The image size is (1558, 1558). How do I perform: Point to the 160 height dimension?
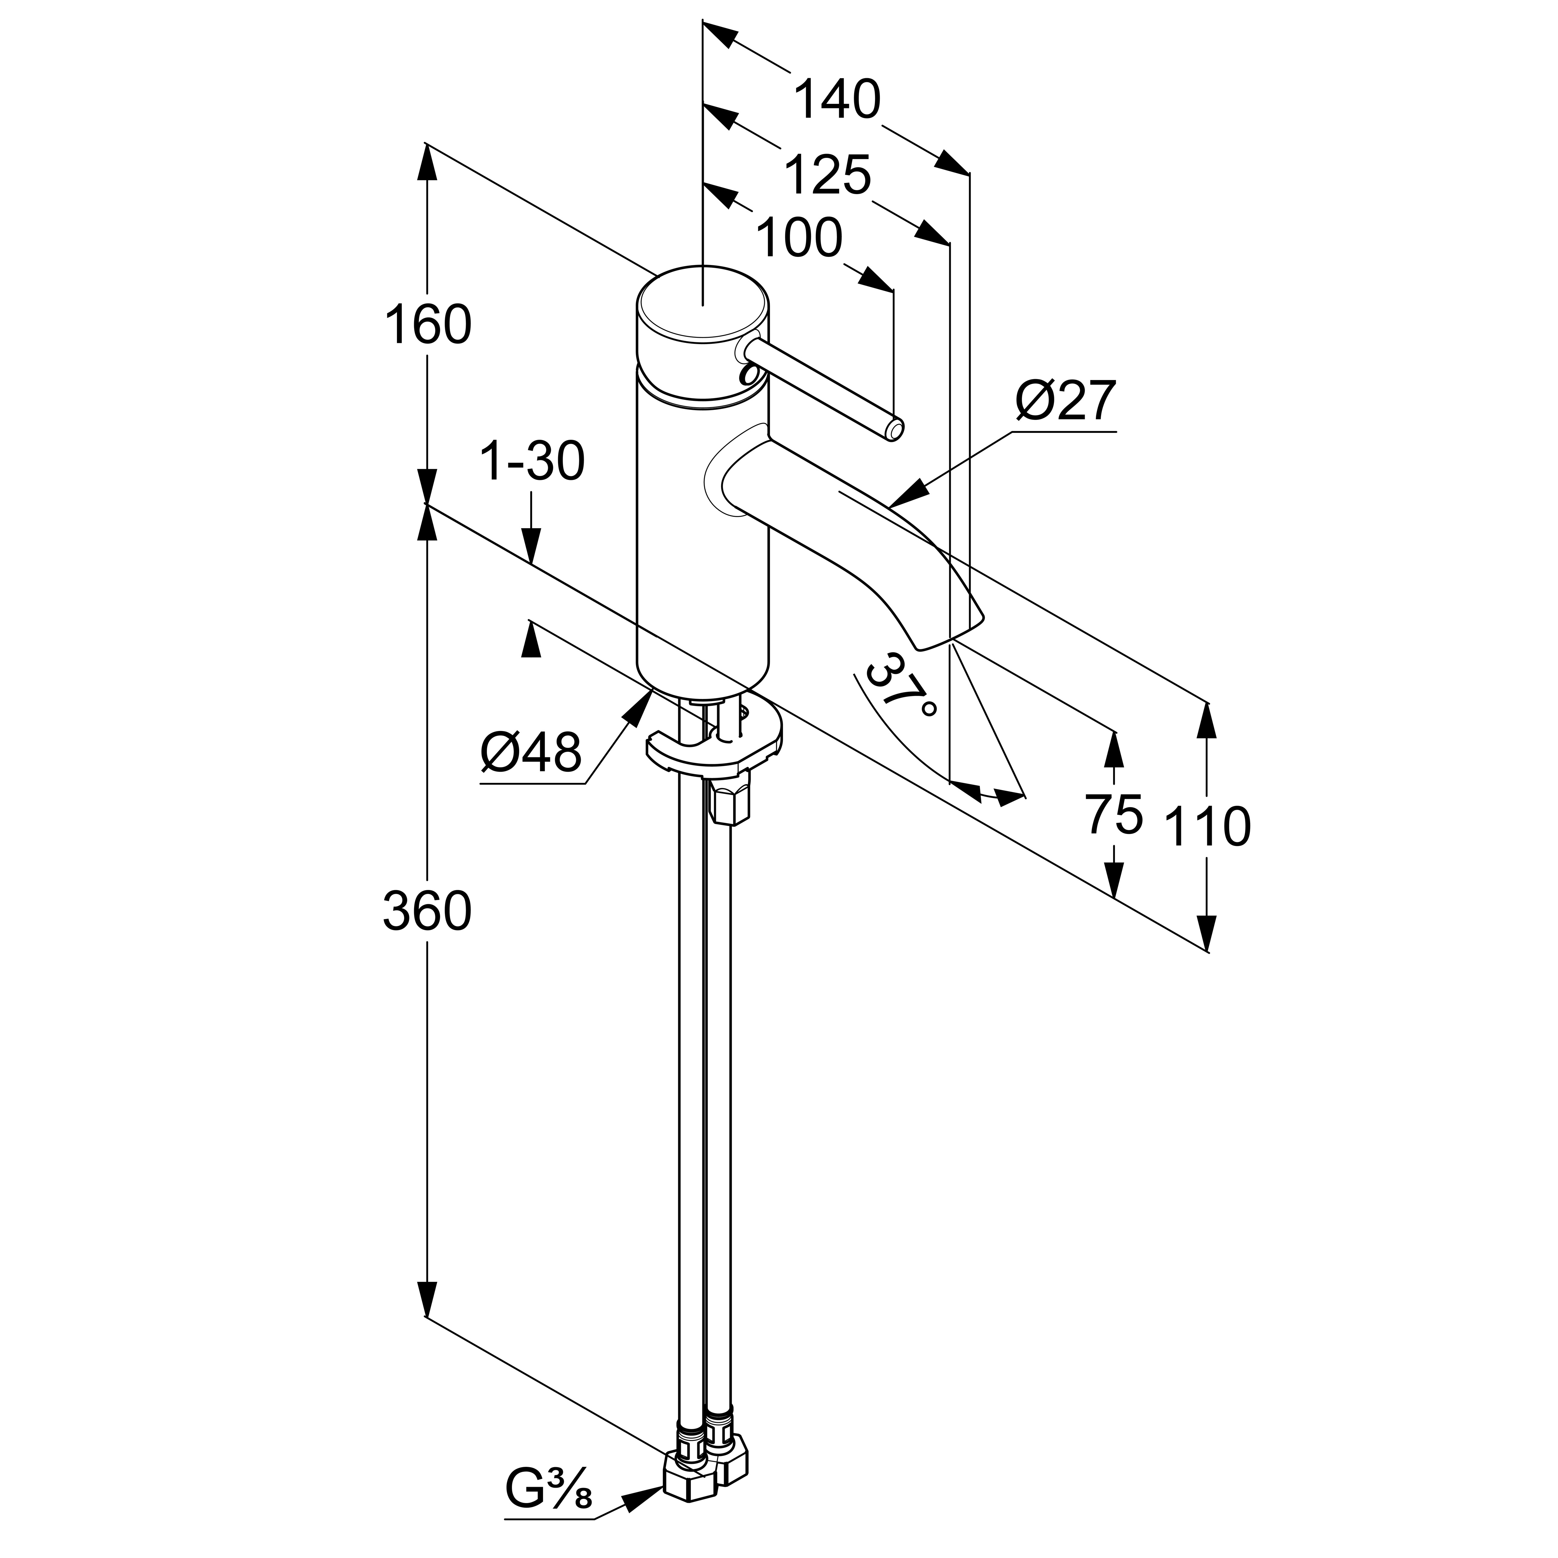tap(427, 325)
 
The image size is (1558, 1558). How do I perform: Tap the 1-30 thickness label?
tap(532, 463)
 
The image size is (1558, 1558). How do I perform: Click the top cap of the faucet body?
tap(702, 305)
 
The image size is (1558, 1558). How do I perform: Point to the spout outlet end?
tap(952, 631)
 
